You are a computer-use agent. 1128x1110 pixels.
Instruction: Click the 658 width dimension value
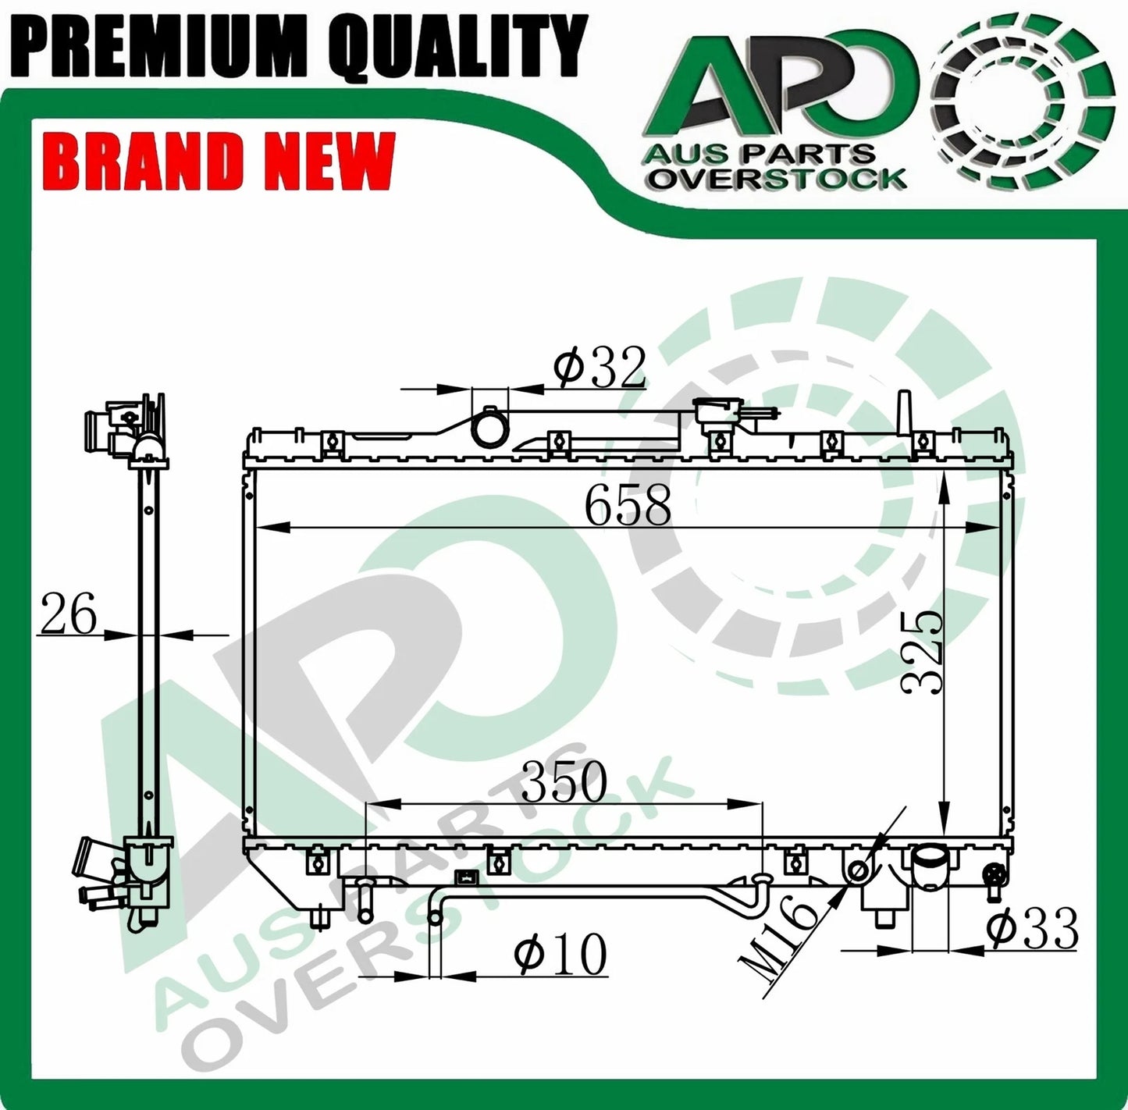[628, 506]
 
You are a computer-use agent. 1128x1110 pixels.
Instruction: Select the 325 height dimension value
[922, 652]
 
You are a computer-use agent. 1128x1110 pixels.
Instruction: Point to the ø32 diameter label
[600, 368]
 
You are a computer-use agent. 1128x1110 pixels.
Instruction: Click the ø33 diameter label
[1032, 929]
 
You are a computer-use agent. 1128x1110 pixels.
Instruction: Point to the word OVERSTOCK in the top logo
[778, 179]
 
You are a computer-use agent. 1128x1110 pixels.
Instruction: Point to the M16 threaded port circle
[858, 870]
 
